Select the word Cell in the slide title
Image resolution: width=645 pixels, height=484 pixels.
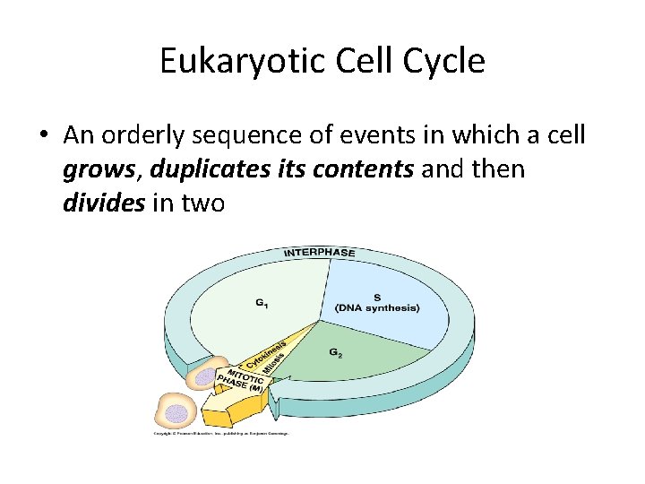coord(363,61)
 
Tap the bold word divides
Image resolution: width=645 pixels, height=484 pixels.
coord(103,203)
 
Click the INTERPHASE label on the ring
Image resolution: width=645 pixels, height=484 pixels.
coord(319,253)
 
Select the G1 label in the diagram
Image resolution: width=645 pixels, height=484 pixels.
coord(261,305)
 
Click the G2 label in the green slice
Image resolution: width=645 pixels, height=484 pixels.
coord(335,353)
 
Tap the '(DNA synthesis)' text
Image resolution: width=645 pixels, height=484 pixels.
coord(377,308)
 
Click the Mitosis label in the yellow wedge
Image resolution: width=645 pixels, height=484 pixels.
coord(274,364)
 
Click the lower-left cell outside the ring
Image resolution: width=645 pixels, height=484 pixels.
coord(176,411)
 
